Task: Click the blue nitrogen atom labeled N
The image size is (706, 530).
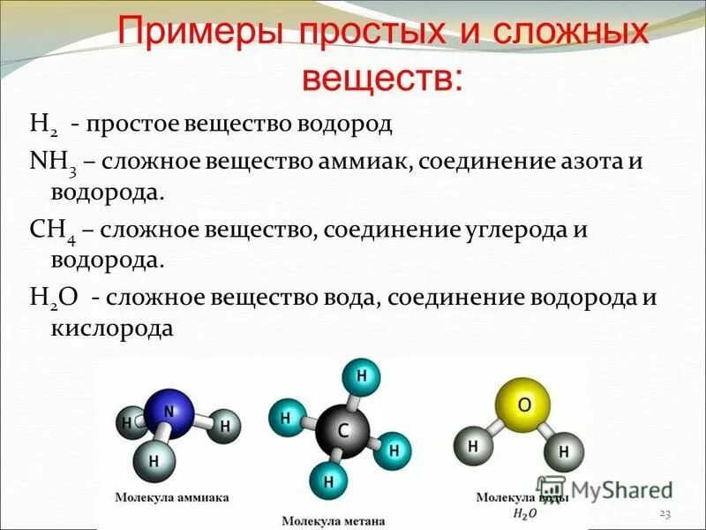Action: click(172, 412)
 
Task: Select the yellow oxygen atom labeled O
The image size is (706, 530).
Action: click(523, 405)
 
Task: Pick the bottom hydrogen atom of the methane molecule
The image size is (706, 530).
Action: click(328, 482)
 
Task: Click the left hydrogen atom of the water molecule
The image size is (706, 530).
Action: click(474, 446)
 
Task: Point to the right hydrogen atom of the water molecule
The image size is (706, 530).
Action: click(564, 453)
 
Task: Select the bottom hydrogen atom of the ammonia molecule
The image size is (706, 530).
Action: click(154, 459)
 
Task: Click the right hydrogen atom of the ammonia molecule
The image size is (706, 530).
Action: click(225, 426)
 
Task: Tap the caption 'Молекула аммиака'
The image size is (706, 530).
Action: click(172, 498)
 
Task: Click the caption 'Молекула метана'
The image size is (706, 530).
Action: click(334, 521)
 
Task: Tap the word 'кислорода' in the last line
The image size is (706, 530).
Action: click(110, 329)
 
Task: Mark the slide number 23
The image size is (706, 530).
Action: click(665, 514)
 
